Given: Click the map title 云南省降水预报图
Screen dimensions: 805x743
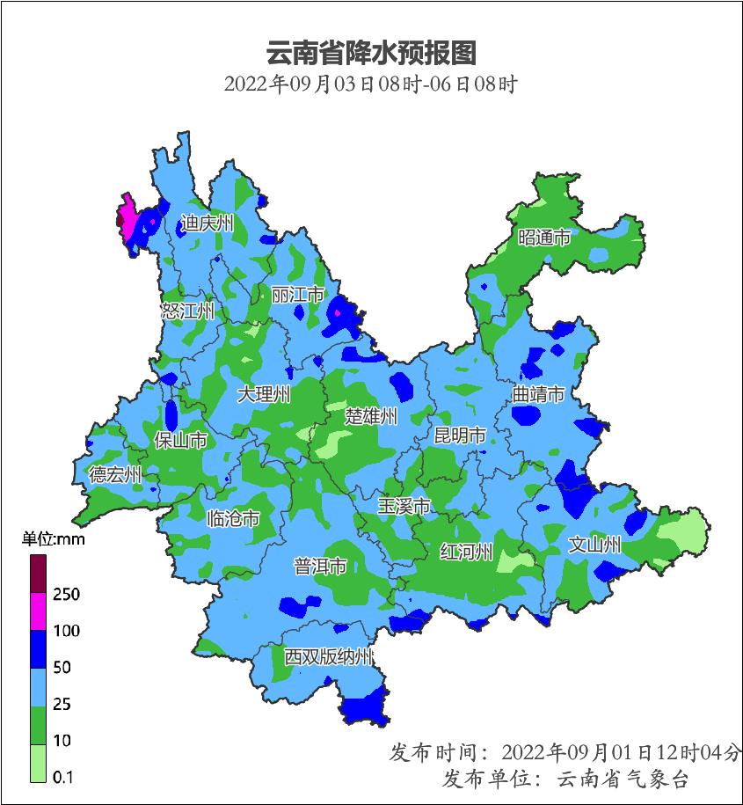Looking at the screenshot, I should click(371, 53).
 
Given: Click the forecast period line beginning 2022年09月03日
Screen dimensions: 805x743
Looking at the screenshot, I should click(371, 85).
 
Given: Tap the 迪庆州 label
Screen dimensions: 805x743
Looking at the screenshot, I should click(208, 223).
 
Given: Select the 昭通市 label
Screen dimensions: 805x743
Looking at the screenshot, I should click(544, 238).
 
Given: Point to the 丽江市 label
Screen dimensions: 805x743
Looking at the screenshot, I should click(298, 295).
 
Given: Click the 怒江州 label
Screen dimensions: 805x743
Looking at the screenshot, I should click(187, 311).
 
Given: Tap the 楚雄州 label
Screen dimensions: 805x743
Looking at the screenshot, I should click(371, 416).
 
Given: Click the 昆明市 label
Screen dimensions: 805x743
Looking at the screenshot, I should click(460, 435).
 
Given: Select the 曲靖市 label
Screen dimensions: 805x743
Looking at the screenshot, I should click(539, 395).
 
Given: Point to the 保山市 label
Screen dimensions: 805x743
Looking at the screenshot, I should click(181, 440).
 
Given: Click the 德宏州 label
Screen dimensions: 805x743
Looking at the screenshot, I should click(115, 475).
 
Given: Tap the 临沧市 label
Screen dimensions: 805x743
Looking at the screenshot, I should click(233, 519).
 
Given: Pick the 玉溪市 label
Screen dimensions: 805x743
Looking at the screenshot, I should click(404, 507).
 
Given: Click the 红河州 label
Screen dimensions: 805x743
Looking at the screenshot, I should click(467, 552).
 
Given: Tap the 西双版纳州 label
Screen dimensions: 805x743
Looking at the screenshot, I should click(329, 657).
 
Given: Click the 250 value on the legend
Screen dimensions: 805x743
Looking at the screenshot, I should click(66, 595).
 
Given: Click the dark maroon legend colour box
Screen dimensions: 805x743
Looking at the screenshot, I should click(38, 574).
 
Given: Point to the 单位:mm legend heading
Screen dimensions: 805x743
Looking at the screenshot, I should click(54, 539).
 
